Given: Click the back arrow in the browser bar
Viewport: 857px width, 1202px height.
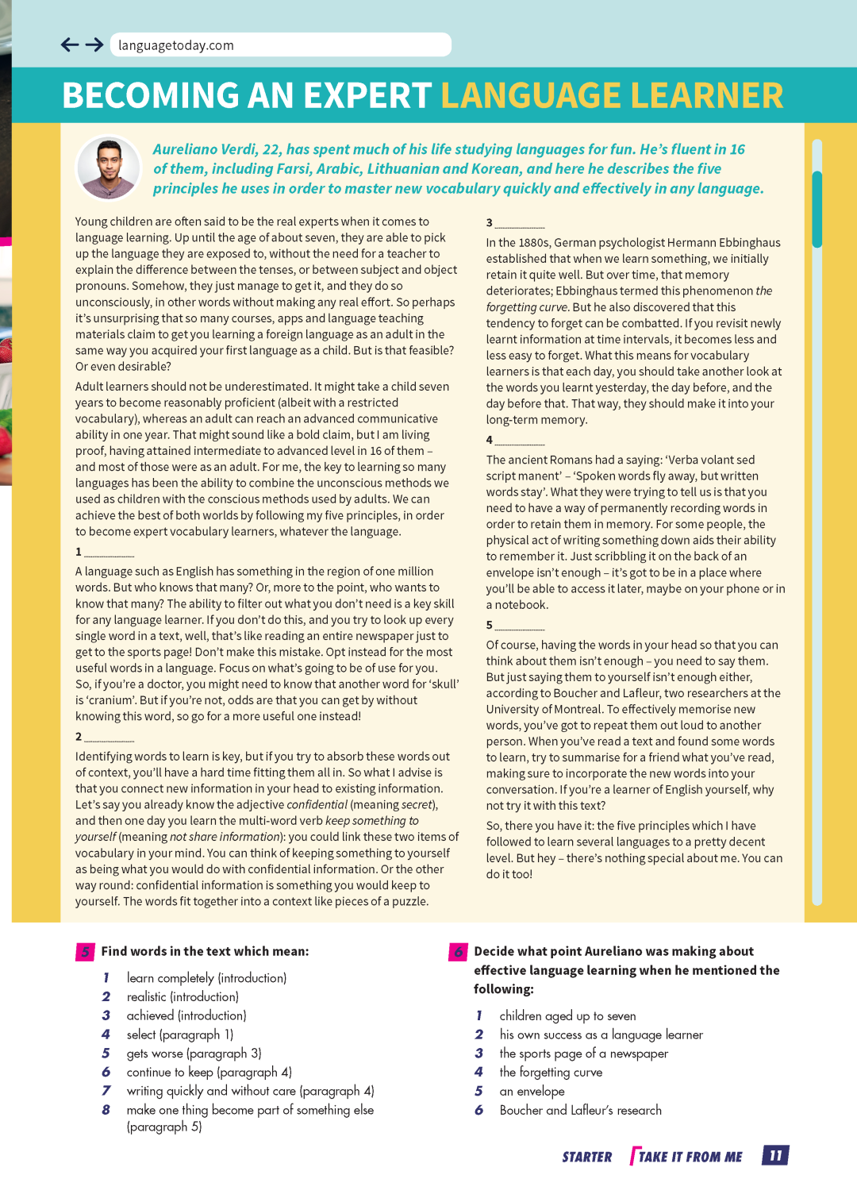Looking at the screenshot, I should click(70, 45).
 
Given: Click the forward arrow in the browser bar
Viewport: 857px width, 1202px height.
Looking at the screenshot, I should click(94, 45).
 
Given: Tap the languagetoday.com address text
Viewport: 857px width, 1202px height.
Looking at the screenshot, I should click(176, 45).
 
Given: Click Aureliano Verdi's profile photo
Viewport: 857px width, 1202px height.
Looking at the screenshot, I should click(109, 168).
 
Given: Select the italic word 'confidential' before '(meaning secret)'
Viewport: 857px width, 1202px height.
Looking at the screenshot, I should click(317, 804).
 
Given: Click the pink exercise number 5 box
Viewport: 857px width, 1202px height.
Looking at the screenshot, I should click(85, 952).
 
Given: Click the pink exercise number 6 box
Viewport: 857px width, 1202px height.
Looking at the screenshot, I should click(458, 952).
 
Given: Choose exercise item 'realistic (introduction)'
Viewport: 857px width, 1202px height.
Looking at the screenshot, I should click(183, 996).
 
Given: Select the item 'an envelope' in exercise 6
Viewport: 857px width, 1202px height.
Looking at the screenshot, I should click(532, 1091).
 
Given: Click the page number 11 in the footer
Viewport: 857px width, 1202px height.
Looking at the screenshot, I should click(775, 1155).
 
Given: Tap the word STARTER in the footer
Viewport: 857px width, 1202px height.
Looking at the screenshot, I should click(586, 1157).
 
